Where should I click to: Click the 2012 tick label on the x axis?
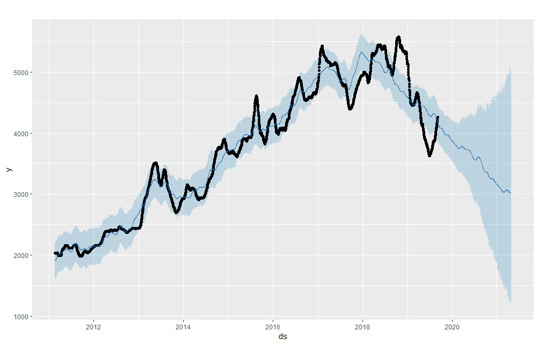[x=93, y=327]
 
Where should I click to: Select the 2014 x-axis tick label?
[x=183, y=327]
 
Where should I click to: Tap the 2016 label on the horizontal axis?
[x=273, y=327]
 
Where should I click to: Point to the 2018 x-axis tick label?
[x=362, y=327]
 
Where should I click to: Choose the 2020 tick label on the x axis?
[x=452, y=327]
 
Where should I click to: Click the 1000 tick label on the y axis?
[x=21, y=317]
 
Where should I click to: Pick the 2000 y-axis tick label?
[x=21, y=256]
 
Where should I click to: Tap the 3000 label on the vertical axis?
[x=21, y=195]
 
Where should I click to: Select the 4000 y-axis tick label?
[x=21, y=134]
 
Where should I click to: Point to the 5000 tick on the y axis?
[x=21, y=72]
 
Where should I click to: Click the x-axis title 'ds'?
[x=283, y=336]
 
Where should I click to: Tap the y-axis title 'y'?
[x=9, y=170]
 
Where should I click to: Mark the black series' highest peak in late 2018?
[x=398, y=37]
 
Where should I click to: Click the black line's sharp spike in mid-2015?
[x=256, y=97]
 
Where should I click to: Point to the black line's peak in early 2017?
[x=322, y=46]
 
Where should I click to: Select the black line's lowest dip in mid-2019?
[x=430, y=155]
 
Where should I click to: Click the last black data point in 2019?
[x=438, y=117]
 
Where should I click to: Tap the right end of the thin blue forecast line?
[x=511, y=193]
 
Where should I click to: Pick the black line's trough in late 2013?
[x=176, y=212]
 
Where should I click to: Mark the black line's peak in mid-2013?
[x=155, y=163]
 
